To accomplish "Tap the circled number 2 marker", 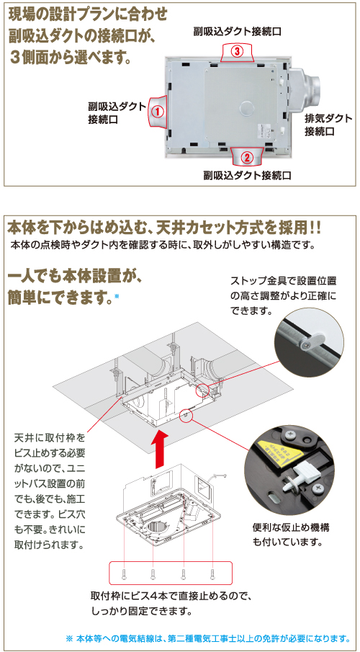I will point(246,156).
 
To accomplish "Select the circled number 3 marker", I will point(238,52).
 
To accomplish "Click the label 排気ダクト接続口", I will point(328,125).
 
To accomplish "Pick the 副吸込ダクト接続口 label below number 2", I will point(247,175).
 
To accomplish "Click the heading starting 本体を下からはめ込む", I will point(164,228).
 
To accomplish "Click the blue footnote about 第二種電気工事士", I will point(207,638).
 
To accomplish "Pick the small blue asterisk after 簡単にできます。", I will point(117,296).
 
